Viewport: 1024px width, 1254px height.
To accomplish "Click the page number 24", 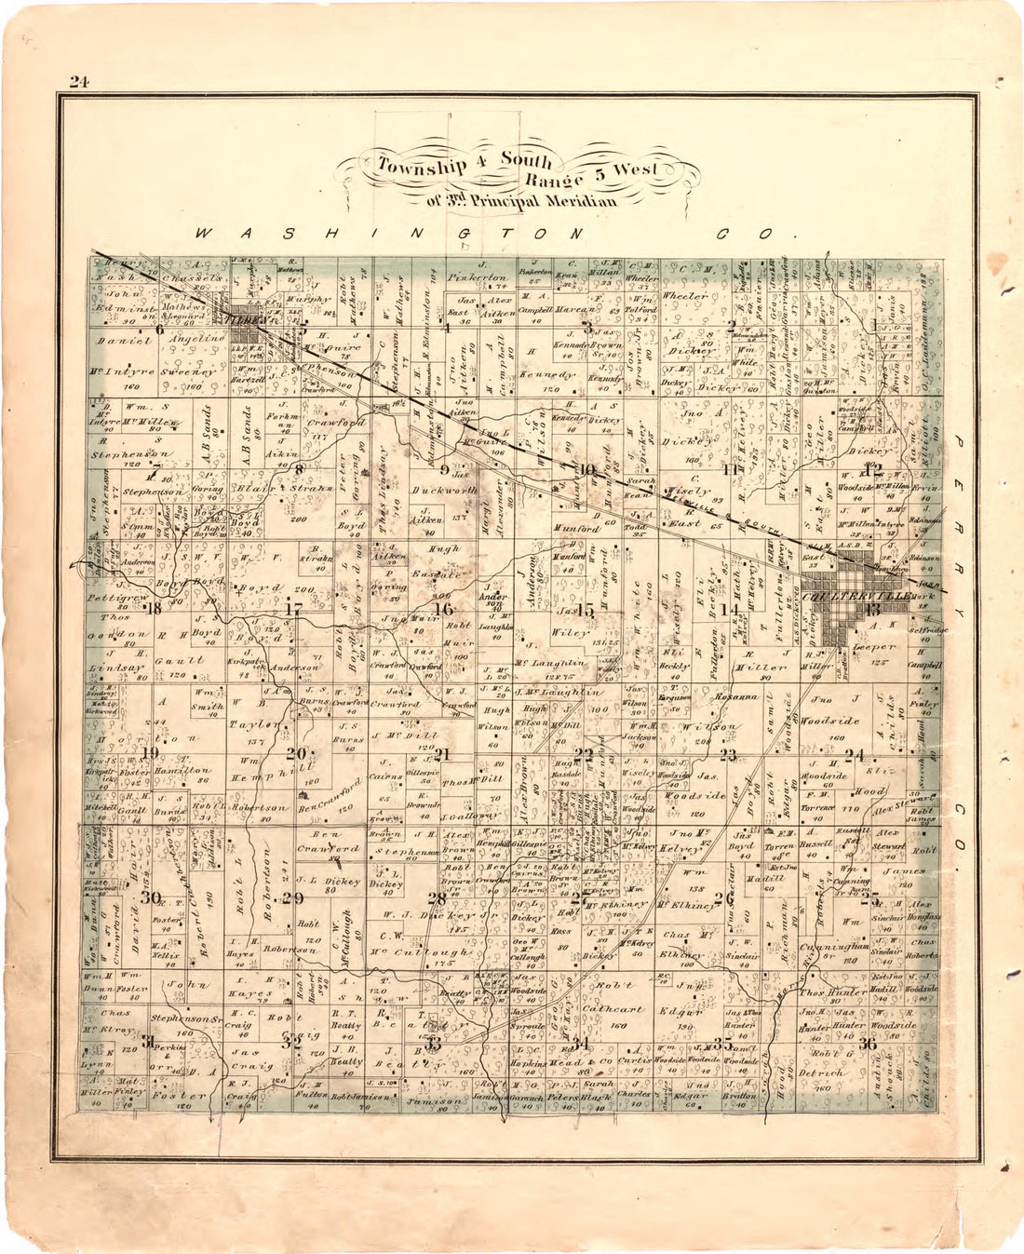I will [77, 82].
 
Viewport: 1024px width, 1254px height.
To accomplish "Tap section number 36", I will [869, 1042].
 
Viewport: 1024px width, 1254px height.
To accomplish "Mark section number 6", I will [159, 328].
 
